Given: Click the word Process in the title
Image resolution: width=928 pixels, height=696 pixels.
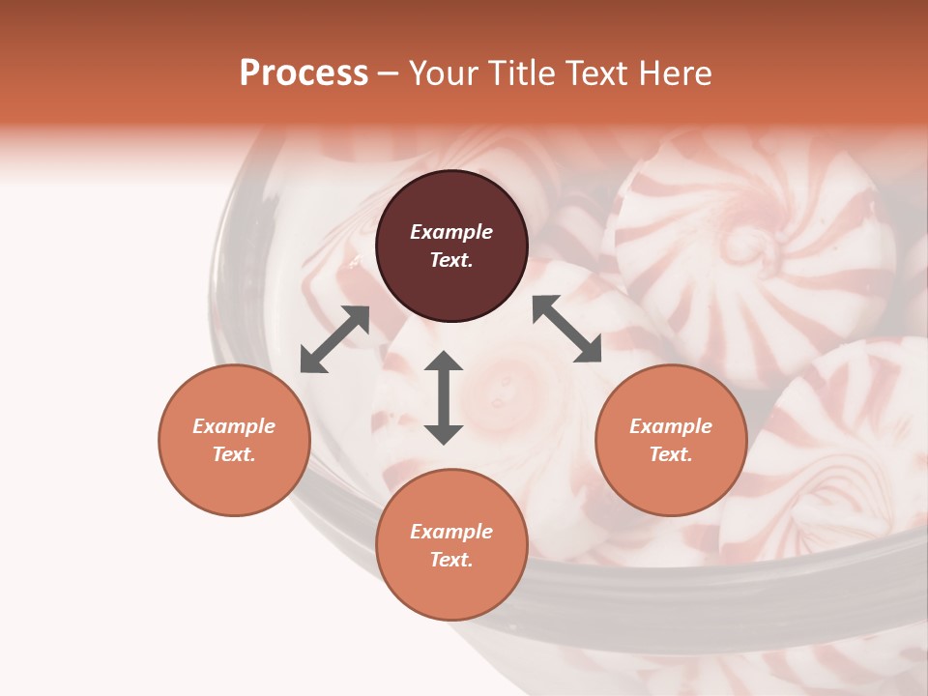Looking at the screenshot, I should pos(304,73).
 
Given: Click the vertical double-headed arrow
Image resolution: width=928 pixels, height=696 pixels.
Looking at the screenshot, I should pos(444,397).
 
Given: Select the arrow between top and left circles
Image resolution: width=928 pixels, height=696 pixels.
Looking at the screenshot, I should pos(334,339).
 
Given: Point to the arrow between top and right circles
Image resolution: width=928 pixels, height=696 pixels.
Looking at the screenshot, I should pos(566,329).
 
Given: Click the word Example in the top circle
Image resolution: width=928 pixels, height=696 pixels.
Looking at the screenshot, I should pos(451,232).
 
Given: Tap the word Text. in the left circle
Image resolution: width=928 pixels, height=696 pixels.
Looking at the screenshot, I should pos(234,454).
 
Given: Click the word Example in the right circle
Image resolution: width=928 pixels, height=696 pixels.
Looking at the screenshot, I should pos(671,426).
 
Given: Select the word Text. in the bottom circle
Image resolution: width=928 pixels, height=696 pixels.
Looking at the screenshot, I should pos(451,560).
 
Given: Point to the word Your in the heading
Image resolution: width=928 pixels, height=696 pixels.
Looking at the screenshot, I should pos(442,73).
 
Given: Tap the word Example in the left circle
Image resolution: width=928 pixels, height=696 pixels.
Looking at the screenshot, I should pos(234,426).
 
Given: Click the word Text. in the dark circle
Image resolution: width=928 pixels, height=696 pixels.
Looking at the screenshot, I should pos(451,260).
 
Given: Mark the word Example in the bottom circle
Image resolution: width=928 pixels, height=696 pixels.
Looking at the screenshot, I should pos(451,532).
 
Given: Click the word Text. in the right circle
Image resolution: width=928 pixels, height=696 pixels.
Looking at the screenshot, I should pos(671,454).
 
